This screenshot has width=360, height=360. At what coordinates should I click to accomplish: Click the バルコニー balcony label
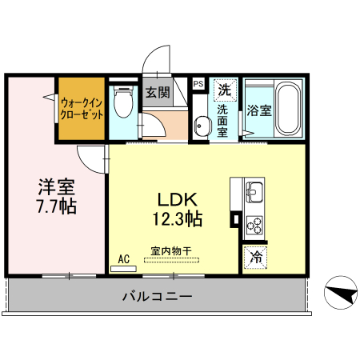coord(157,297)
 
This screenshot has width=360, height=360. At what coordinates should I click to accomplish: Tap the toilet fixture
coord(123,102)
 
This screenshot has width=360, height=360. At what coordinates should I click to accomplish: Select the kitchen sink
coord(255,192)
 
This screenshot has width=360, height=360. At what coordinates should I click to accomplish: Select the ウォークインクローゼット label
coord(82,108)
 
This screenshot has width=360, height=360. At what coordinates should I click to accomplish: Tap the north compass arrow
coord(341,294)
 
